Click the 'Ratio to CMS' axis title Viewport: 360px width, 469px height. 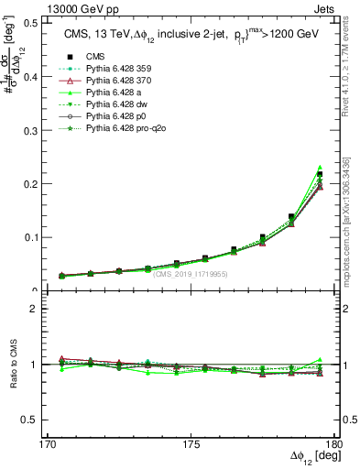(12, 365)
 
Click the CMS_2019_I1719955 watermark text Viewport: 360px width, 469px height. (191, 273)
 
